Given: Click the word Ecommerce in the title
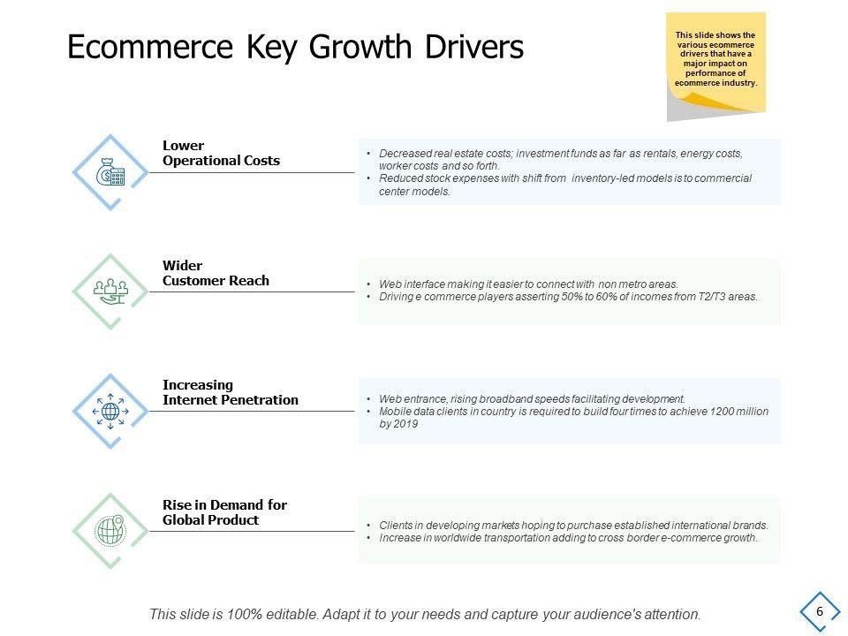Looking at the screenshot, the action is coord(150,47).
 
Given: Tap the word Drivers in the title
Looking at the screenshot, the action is coord(473,47).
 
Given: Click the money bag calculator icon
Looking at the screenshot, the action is coord(110,172).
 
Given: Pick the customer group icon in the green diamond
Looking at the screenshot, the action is coord(110,291).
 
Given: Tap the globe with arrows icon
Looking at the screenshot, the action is coord(110,411).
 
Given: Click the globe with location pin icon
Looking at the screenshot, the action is coord(110,530).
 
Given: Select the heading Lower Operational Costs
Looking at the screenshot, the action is coord(221,153).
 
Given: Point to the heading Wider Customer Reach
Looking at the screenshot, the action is coord(216,273).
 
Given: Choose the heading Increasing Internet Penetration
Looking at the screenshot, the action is coord(231,392).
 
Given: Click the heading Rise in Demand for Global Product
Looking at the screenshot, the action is coord(224,512).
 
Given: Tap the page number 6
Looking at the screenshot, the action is coord(820,611).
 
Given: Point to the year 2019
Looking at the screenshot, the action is coord(406,424).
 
